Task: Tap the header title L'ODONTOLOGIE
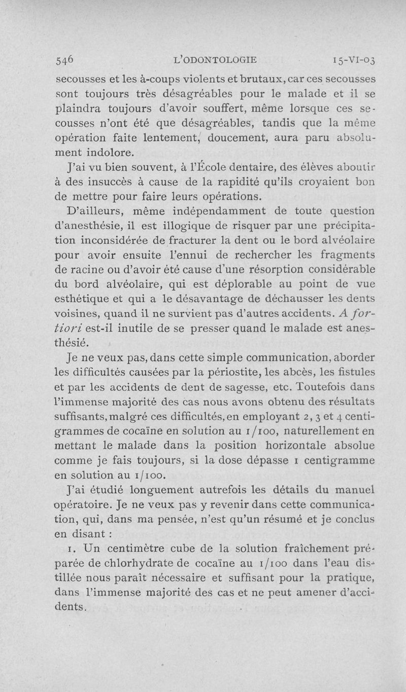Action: (215, 60)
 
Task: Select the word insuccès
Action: (107, 181)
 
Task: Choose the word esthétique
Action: (83, 298)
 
